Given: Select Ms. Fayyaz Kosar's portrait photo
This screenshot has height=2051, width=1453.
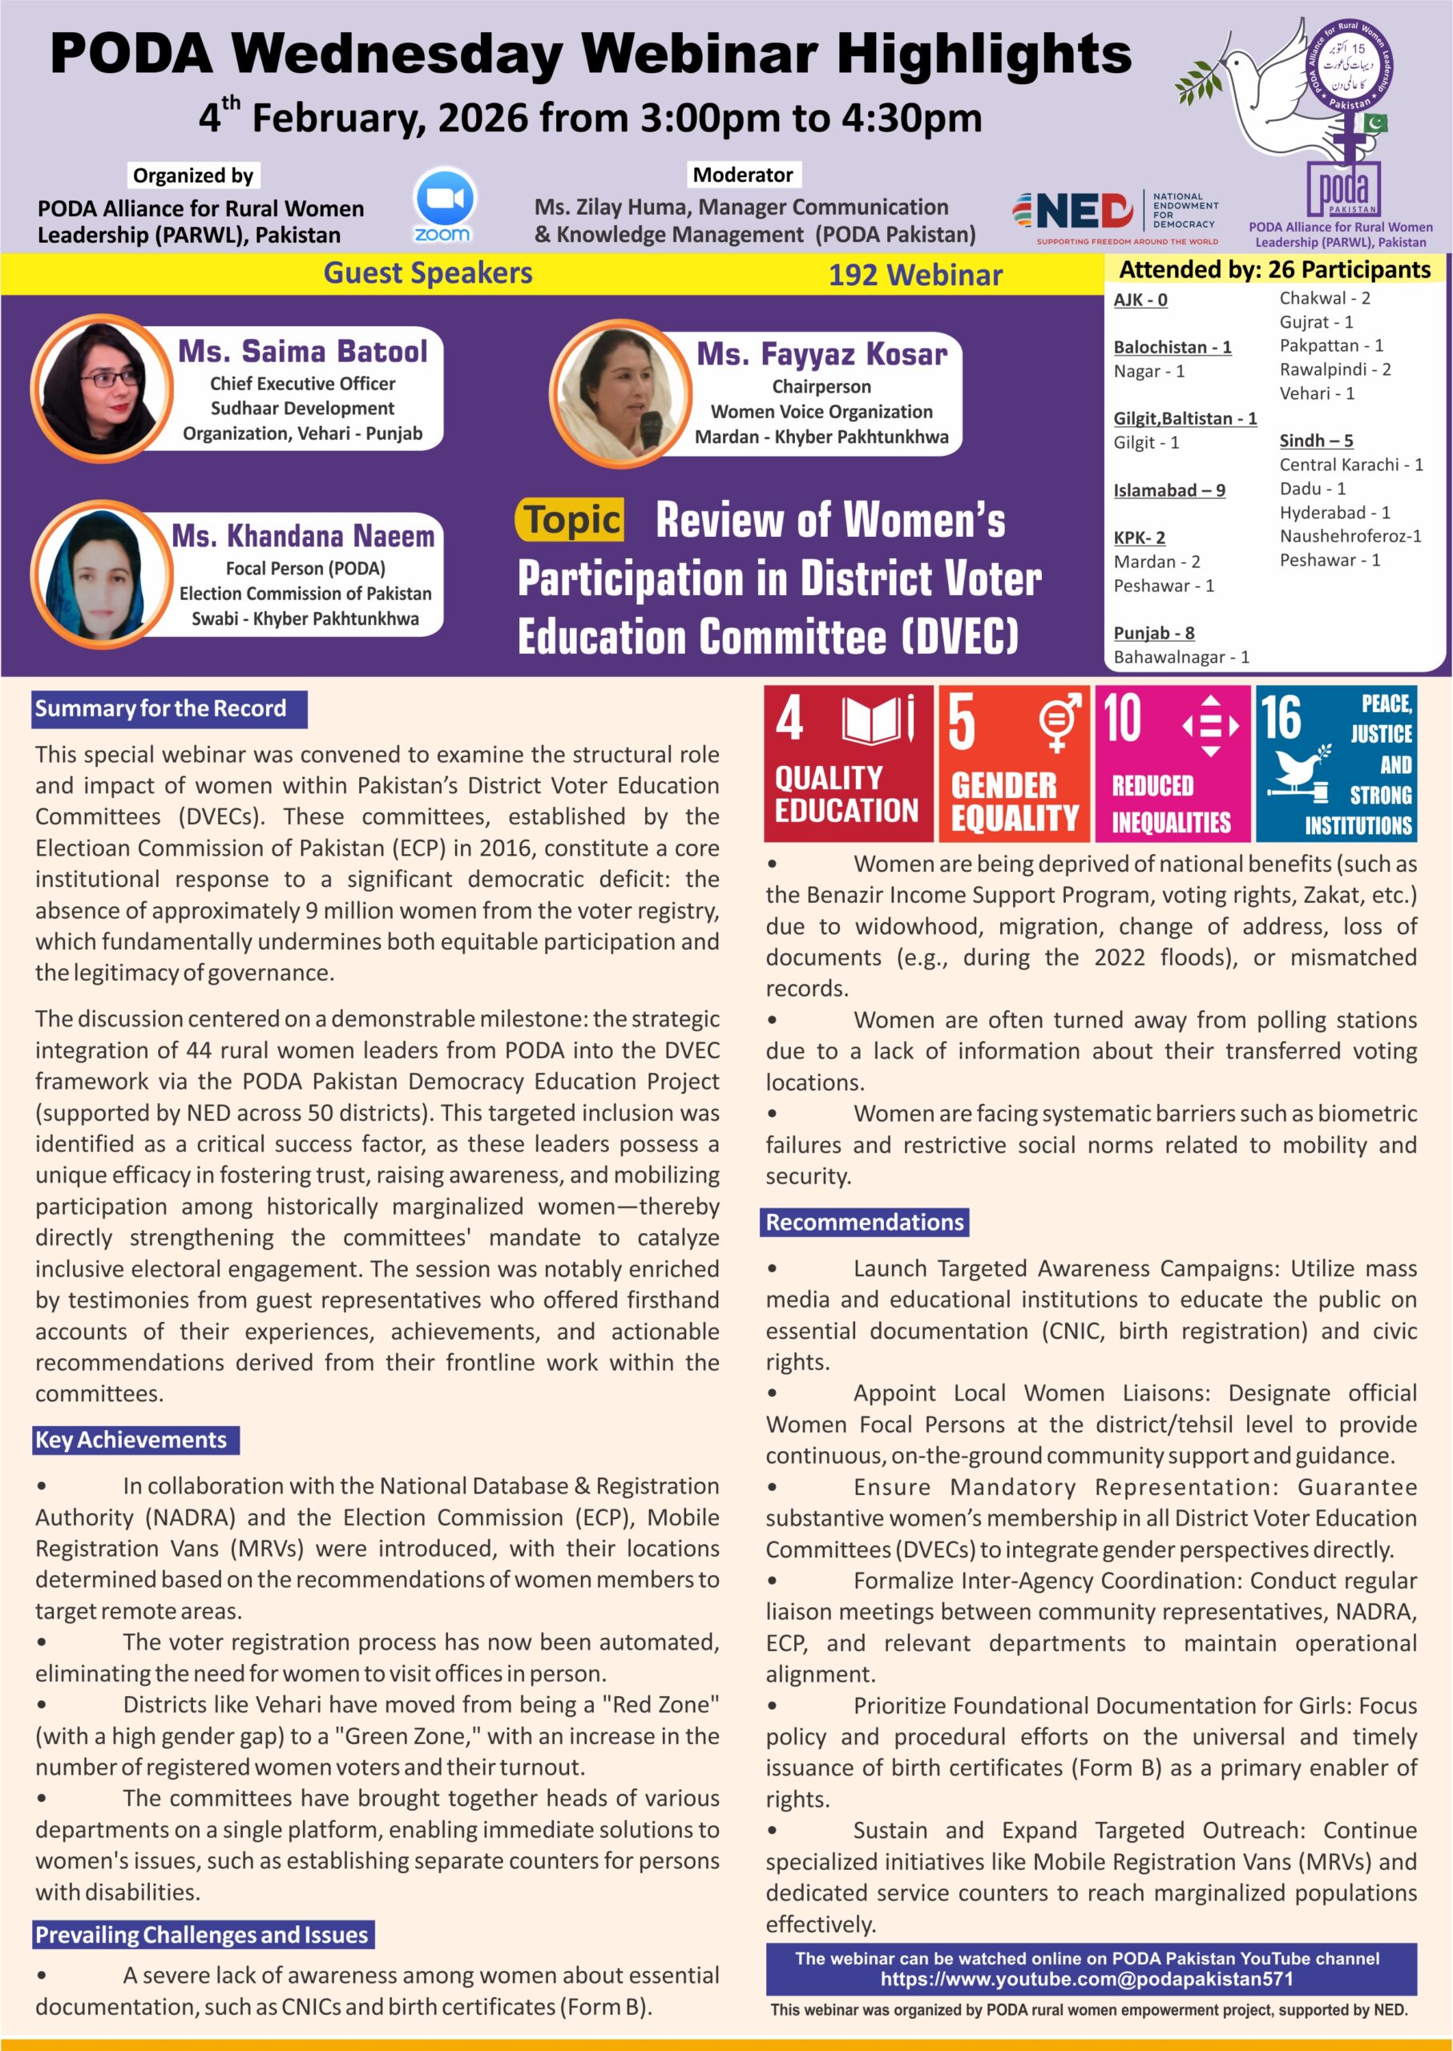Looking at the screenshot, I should pos(620,392).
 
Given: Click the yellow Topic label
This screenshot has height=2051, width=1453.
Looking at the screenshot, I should pos(571,521).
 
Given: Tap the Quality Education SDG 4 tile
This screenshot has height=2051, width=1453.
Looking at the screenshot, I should pos(847,764).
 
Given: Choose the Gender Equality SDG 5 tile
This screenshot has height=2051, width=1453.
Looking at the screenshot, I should pos(1014,764).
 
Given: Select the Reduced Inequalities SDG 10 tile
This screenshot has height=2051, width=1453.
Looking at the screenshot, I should pos(1172,764).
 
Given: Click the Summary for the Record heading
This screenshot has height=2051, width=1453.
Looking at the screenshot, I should pos(169,708).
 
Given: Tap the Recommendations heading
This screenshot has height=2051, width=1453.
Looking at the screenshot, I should pos(864,1222).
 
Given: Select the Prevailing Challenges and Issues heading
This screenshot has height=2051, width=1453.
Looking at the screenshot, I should pos(202,1935).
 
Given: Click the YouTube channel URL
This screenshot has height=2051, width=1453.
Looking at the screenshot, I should pos(1086,1979).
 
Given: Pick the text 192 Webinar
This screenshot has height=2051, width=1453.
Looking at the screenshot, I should pos(914,275).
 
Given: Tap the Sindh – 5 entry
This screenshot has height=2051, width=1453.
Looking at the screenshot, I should pos(1315,440).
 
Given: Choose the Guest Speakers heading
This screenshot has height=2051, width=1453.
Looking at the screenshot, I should pos(428,273).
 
